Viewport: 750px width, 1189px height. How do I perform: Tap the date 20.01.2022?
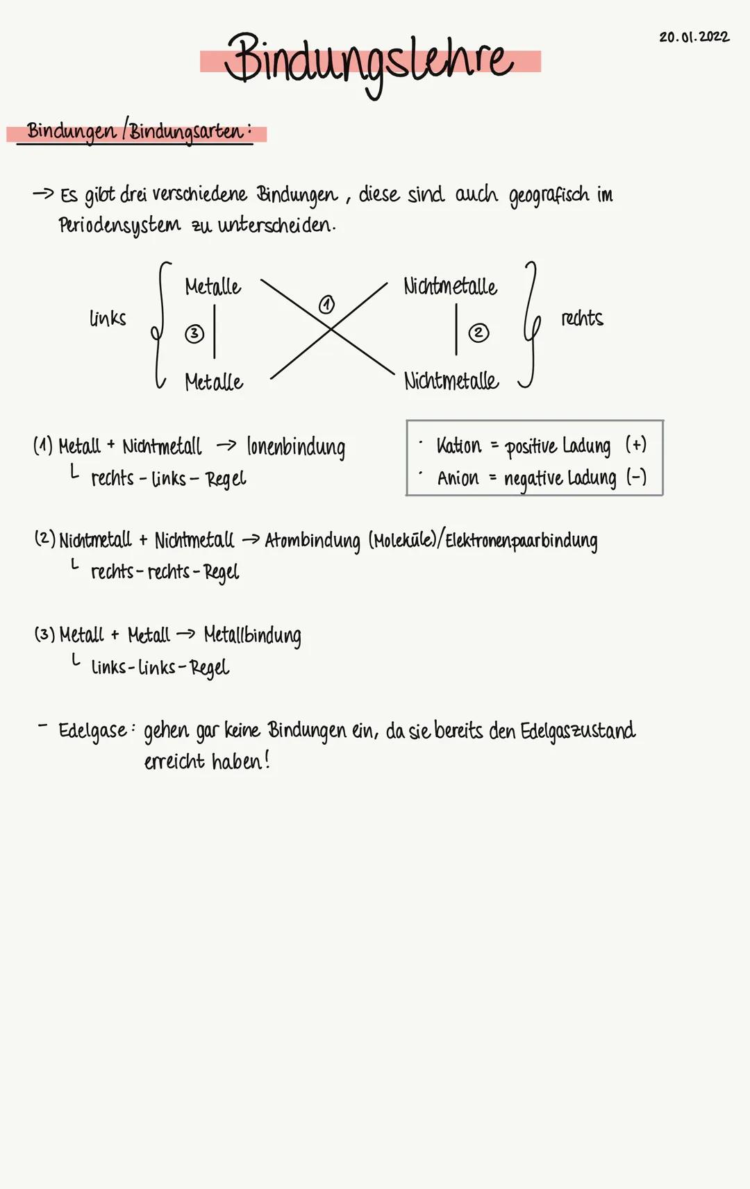(694, 37)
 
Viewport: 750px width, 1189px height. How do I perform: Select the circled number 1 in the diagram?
(326, 304)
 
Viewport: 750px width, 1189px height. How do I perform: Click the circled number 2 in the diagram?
(478, 333)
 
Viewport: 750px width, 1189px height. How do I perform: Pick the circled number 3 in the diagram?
(194, 334)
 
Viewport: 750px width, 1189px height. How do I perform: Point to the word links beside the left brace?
(108, 319)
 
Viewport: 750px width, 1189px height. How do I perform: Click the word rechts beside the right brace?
(582, 319)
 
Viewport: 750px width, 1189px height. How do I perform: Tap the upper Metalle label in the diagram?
(212, 287)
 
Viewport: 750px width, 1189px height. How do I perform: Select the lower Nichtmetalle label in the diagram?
(451, 380)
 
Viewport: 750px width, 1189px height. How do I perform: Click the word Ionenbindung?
(296, 448)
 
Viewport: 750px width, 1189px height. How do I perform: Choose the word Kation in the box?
(458, 446)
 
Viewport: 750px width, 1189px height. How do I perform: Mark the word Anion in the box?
(458, 478)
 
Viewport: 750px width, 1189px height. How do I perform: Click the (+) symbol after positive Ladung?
(635, 444)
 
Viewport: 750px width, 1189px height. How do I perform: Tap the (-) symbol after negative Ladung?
(636, 477)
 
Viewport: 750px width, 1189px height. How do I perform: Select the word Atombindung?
(312, 541)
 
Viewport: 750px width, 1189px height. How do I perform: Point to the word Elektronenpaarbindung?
(521, 541)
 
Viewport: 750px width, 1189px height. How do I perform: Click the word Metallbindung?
(252, 636)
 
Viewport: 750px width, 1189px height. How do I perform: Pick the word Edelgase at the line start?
(92, 731)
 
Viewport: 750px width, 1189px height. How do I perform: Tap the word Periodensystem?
(119, 226)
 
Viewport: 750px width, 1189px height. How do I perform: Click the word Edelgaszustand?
(578, 731)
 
